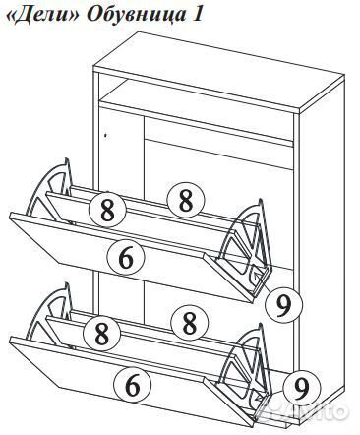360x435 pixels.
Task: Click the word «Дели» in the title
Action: [x=42, y=15]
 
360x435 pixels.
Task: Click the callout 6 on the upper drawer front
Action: [x=127, y=257]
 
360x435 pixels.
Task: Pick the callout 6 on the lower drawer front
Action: [x=133, y=385]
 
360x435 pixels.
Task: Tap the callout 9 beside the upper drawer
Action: [x=283, y=305]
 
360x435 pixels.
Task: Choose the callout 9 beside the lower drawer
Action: [x=301, y=389]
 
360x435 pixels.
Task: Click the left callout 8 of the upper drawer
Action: [x=107, y=210]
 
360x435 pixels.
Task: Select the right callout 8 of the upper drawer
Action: [x=186, y=200]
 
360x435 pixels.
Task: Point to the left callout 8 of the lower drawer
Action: [x=101, y=334]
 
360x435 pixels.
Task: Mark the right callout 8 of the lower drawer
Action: [x=190, y=324]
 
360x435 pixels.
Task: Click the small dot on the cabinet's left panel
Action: [x=105, y=135]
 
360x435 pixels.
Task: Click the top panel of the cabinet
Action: [x=219, y=71]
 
